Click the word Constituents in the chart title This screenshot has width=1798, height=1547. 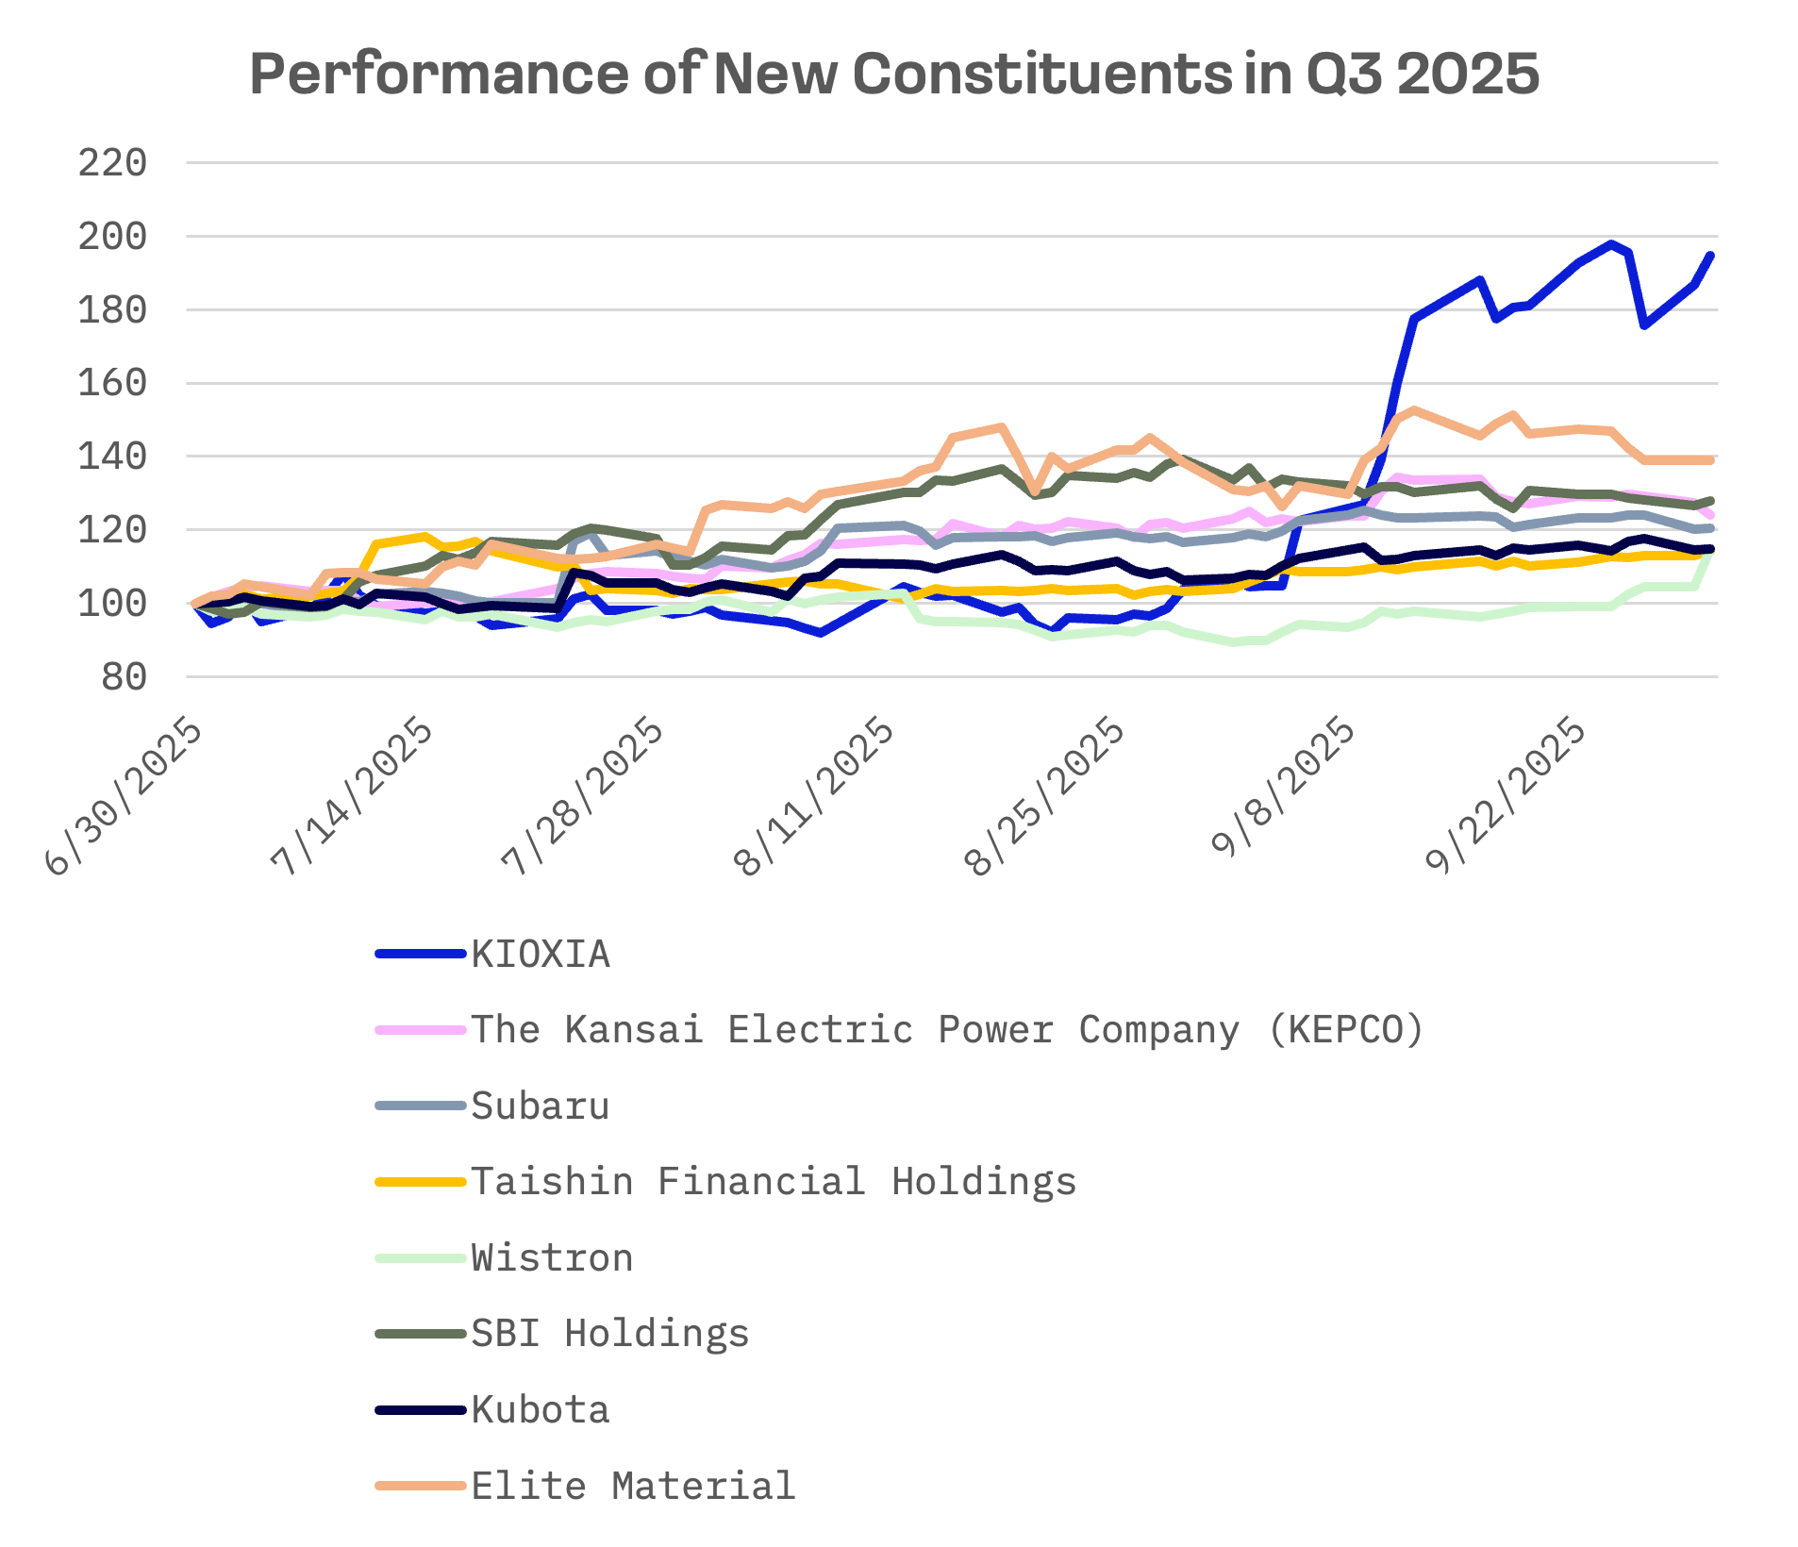point(1041,74)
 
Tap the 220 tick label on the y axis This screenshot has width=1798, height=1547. point(112,163)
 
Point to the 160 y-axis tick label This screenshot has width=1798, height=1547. point(112,383)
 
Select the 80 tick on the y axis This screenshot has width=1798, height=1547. point(124,676)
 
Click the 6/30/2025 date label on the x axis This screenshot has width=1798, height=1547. point(125,797)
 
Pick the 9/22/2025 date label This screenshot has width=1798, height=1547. point(1506,797)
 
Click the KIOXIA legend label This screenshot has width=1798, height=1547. point(541,955)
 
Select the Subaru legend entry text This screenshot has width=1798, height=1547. point(541,1106)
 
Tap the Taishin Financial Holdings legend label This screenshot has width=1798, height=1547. point(774,1182)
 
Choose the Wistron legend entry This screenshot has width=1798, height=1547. point(552,1258)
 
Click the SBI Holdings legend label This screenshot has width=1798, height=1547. point(609,1334)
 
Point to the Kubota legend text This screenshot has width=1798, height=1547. point(541,1410)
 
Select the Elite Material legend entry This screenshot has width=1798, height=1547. point(633,1487)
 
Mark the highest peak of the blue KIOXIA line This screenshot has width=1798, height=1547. point(1611,243)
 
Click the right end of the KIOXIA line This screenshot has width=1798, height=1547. point(1711,255)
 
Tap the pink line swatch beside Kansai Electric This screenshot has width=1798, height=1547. point(421,1030)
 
